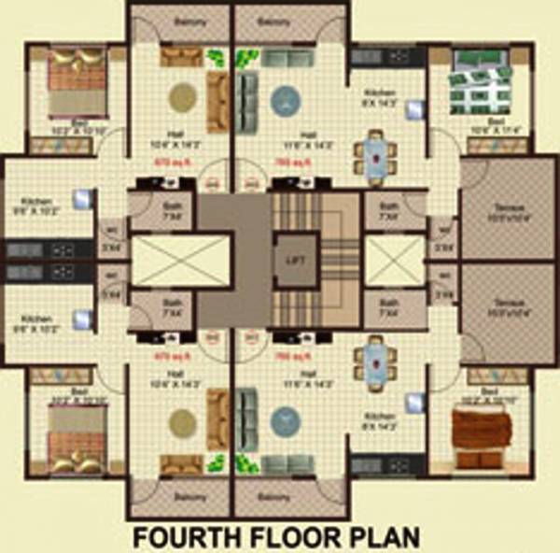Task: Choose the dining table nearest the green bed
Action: pyautogui.click(x=375, y=154)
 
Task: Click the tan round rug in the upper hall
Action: pyautogui.click(x=182, y=96)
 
